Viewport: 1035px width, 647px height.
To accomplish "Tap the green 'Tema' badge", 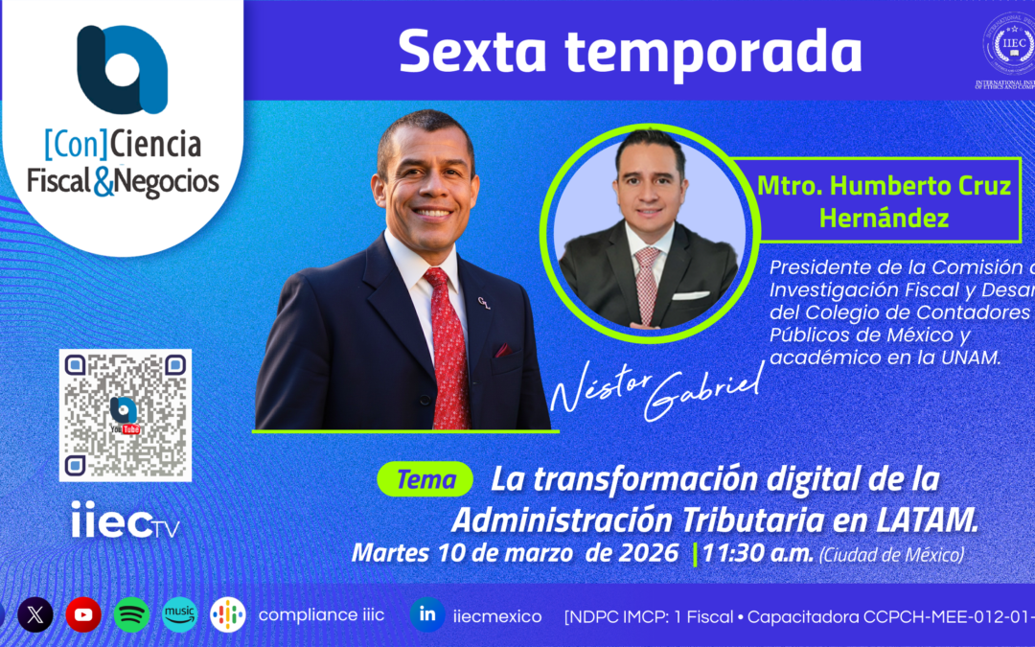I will coord(425,480).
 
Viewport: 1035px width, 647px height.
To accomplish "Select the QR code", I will coord(126,415).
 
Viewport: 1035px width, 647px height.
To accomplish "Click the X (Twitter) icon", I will coord(35,614).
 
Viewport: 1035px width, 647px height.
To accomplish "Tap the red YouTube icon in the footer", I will coord(83,614).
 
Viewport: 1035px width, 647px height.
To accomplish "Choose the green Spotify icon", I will coord(131,614).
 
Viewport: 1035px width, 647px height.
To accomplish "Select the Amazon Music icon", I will coord(179,614).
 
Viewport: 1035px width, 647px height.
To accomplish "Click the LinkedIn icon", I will coord(426,614).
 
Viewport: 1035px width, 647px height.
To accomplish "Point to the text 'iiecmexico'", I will coord(496,616).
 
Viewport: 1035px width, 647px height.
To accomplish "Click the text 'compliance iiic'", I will coord(321,614).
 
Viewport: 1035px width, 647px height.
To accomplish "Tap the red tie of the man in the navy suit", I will coord(448,345).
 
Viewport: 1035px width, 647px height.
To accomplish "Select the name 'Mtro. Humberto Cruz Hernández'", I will coord(884,201).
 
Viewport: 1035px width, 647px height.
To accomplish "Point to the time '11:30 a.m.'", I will coord(757,553).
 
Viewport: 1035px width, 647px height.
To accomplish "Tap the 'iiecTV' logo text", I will coord(125,522).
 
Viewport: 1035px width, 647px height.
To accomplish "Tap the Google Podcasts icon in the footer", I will coord(228,614).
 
